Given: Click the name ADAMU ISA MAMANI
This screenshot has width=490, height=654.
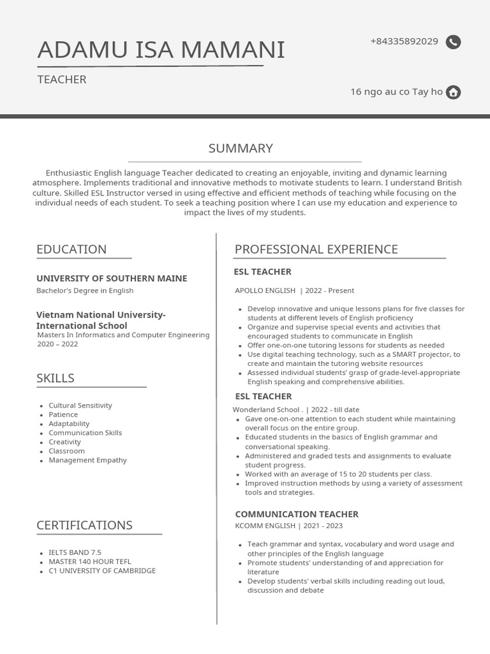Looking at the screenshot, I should (x=161, y=50).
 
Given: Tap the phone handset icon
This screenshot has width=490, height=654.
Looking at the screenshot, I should (x=453, y=42).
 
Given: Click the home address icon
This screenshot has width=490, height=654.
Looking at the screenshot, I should (x=453, y=92).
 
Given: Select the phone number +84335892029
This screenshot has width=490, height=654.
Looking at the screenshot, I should (x=404, y=42).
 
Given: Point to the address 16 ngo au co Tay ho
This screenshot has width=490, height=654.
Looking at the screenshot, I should (x=396, y=91).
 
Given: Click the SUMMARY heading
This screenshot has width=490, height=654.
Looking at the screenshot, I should (x=241, y=148).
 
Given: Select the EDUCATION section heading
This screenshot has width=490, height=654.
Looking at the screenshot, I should (x=71, y=249).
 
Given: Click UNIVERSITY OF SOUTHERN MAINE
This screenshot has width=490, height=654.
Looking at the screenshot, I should (x=112, y=278).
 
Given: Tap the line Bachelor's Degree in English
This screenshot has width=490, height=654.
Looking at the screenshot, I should (x=85, y=291).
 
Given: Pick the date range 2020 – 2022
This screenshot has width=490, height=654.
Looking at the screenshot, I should (x=57, y=344).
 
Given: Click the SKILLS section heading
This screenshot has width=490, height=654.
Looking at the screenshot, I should (x=56, y=378).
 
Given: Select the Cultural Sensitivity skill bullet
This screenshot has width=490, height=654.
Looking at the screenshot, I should (x=80, y=405).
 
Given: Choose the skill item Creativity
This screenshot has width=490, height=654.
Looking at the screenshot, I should (x=64, y=442).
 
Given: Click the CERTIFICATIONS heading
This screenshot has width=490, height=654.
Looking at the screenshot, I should (x=84, y=525).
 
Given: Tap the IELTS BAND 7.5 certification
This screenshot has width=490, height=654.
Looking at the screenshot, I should (x=75, y=552).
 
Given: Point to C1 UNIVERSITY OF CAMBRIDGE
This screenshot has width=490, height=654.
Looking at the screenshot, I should (x=102, y=570).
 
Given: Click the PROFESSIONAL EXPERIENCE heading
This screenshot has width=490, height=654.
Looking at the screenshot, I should (x=316, y=249).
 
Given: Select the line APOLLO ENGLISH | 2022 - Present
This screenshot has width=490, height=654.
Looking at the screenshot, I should (x=294, y=291).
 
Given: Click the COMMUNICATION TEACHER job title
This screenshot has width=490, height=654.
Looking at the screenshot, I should (x=297, y=514).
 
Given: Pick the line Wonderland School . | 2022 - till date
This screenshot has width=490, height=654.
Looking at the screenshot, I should (x=295, y=409).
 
